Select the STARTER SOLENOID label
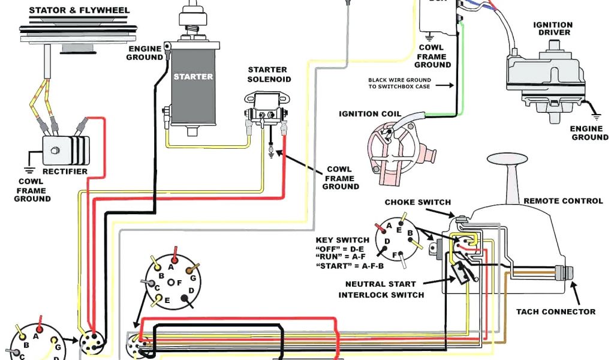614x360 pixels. click(268, 74)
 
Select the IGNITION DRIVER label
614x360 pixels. click(552, 29)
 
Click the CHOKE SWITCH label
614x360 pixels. click(417, 202)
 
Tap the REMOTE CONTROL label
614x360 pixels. click(562, 200)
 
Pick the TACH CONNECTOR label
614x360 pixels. click(556, 311)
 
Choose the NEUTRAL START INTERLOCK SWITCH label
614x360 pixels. click(381, 289)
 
